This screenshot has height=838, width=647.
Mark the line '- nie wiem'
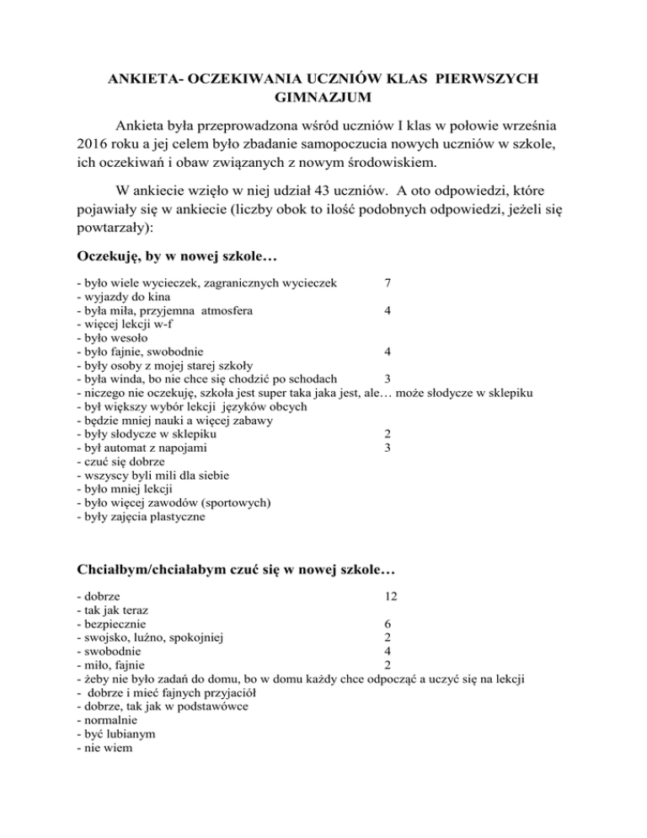coord(99,746)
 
